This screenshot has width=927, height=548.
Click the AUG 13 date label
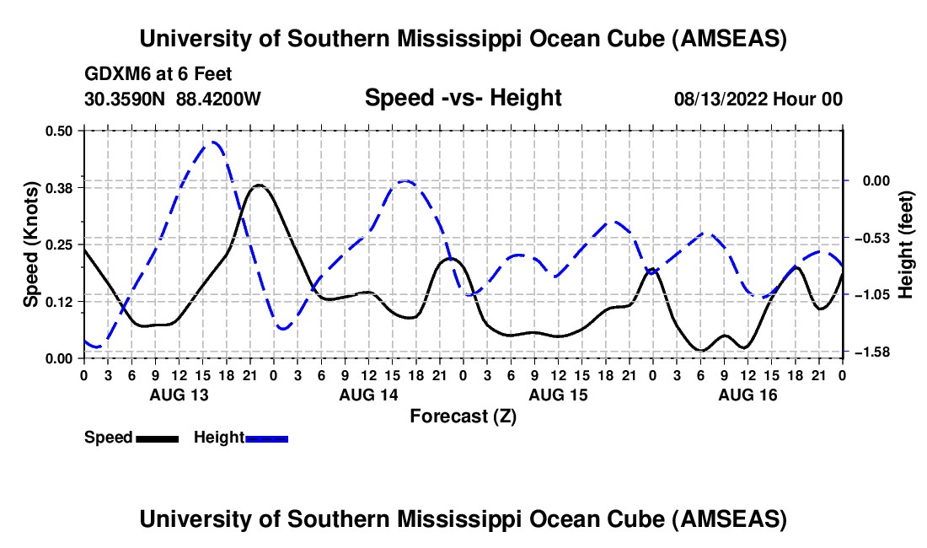click(180, 395)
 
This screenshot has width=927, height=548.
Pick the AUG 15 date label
click(558, 395)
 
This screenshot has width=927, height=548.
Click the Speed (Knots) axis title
click(30, 244)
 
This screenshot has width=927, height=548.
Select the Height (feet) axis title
click(906, 244)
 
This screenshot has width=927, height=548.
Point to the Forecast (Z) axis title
click(463, 416)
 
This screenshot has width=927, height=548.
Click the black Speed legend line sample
click(158, 438)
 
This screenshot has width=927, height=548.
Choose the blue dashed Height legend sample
click(266, 438)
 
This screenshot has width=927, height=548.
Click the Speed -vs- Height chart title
click(463, 98)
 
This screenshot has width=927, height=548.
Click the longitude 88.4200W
click(220, 99)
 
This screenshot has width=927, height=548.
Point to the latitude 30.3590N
click(126, 99)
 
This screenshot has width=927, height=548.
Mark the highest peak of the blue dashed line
click(214, 142)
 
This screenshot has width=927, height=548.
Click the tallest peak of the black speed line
click(259, 185)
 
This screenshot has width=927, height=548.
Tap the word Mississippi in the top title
click(469, 39)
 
